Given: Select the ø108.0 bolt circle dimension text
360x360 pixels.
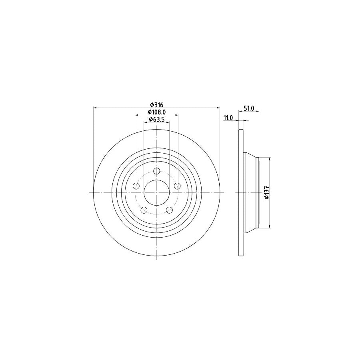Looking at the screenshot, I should (156, 112).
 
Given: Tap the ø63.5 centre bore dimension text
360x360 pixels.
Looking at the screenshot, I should (156, 119).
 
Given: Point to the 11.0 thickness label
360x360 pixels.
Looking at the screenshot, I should (228, 117).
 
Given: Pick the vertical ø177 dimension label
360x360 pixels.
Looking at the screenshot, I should (266, 192).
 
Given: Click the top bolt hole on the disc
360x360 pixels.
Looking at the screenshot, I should (156, 171).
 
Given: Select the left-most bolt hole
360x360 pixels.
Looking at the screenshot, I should (136, 186).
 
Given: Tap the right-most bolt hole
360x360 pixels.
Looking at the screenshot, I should (177, 186).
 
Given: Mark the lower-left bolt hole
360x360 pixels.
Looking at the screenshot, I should (144, 210).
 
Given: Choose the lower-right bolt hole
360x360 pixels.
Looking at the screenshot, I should (169, 210).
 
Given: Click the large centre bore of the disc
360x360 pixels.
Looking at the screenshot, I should (156, 192).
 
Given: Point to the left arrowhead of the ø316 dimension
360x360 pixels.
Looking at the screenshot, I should (95, 108).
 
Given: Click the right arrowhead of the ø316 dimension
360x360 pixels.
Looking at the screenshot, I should (218, 108).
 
